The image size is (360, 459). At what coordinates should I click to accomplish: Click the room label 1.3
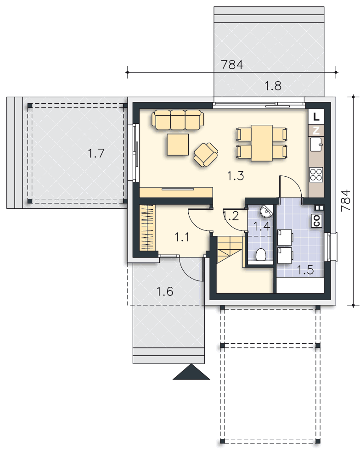[x=236, y=176]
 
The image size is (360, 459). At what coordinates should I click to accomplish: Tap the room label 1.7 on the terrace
[x=96, y=153]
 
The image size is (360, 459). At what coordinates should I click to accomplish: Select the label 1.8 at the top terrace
[x=273, y=86]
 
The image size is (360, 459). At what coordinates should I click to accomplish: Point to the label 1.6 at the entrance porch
[x=165, y=291]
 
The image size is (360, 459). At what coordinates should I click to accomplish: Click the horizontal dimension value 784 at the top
[x=232, y=64]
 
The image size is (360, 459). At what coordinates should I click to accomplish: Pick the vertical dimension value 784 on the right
[x=346, y=200]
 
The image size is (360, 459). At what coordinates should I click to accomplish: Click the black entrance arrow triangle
[x=191, y=372]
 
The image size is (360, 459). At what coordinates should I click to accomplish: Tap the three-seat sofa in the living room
[x=178, y=120]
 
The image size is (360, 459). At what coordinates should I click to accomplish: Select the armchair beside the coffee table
[x=206, y=154]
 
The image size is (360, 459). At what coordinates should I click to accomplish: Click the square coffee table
[x=178, y=144]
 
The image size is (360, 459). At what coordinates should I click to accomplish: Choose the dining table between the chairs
[x=262, y=143]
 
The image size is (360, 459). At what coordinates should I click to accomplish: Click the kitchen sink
[x=316, y=144]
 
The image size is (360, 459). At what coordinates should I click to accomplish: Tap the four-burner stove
[x=316, y=174]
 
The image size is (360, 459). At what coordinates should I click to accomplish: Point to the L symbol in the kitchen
[x=316, y=117]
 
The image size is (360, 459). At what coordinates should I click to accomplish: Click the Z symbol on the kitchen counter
[x=316, y=130]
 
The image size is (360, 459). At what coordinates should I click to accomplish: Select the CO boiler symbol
[x=316, y=220]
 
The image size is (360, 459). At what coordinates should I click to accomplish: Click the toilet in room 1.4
[x=261, y=255]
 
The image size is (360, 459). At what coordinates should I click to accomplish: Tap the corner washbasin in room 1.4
[x=267, y=211]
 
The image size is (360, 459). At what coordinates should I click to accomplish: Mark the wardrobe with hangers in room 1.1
[x=147, y=228]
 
